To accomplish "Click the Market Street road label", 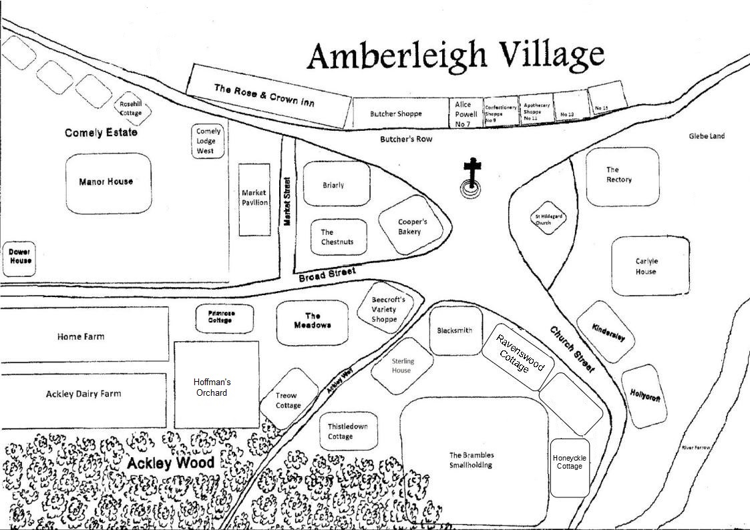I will (x=287, y=201).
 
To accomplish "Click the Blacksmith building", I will (x=455, y=330).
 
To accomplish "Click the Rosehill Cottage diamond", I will (x=131, y=108).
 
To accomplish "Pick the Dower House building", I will (x=19, y=257).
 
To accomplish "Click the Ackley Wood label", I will (x=171, y=463).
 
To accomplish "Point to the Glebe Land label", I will (x=707, y=136).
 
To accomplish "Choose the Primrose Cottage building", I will (x=224, y=317).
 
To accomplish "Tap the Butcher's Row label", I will (x=406, y=140).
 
